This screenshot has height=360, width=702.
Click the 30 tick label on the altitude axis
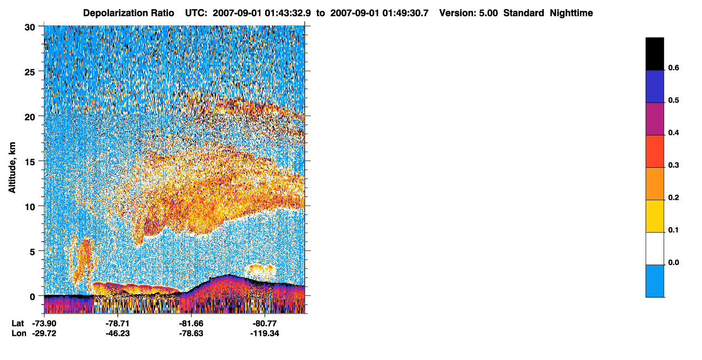(x=30, y=28)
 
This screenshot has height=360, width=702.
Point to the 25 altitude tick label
(x=30, y=72)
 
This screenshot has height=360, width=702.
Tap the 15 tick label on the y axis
(x=30, y=162)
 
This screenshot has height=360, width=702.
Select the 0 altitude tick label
(x=32, y=297)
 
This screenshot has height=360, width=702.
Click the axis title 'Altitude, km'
(x=12, y=167)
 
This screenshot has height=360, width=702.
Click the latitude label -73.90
(x=44, y=324)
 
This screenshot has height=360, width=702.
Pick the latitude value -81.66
(x=191, y=324)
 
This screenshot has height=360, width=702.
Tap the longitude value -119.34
(x=265, y=334)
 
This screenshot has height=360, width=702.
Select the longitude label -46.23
(x=118, y=334)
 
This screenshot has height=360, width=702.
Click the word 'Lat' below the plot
(x=18, y=324)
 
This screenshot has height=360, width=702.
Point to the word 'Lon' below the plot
(x=19, y=334)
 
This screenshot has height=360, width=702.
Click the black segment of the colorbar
(x=654, y=54)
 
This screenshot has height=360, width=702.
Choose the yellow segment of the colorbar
(x=654, y=216)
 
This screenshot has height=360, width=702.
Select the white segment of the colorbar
(x=654, y=248)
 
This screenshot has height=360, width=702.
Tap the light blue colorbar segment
(x=654, y=281)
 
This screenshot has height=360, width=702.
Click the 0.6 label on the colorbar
(x=673, y=67)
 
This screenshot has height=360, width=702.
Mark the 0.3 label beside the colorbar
(x=673, y=165)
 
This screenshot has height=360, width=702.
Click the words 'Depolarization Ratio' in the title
(x=129, y=13)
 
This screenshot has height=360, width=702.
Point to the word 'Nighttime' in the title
(x=571, y=13)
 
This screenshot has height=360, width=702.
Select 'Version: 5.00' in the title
(x=469, y=13)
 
